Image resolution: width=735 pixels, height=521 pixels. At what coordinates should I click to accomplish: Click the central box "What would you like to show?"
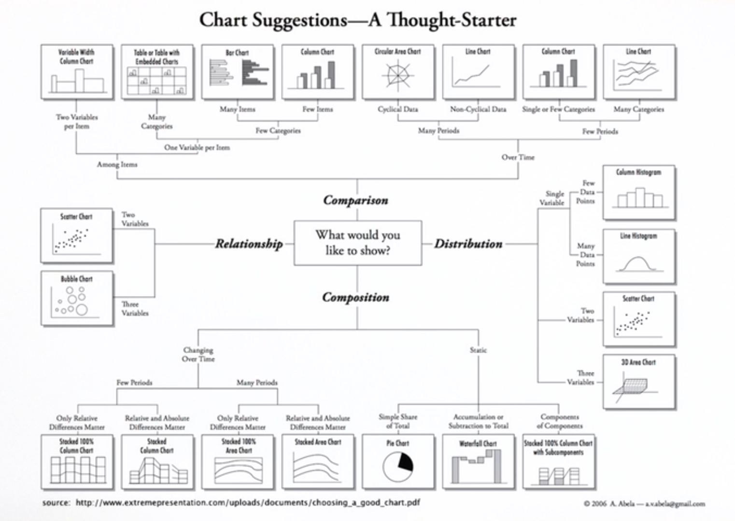click(x=357, y=243)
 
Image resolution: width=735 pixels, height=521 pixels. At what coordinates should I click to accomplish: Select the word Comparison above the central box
click(x=355, y=200)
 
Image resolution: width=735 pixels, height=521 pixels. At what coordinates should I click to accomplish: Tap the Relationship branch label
click(x=249, y=244)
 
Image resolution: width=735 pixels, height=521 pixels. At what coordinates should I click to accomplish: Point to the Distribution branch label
click(x=468, y=244)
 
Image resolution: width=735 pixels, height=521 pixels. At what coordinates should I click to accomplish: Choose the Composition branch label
click(x=355, y=297)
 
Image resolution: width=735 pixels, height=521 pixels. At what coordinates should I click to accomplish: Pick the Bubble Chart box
click(x=77, y=299)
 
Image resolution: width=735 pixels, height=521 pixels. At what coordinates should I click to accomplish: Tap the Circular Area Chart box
click(x=397, y=72)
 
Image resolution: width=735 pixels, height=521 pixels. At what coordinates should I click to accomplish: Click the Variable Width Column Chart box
click(x=77, y=72)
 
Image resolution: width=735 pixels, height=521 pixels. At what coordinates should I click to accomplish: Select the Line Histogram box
click(x=638, y=257)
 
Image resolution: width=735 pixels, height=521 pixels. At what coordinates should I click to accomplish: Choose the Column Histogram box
click(x=638, y=192)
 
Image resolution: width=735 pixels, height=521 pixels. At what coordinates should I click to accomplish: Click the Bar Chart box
click(x=237, y=72)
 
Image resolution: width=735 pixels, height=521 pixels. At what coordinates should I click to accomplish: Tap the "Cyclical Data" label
click(x=397, y=110)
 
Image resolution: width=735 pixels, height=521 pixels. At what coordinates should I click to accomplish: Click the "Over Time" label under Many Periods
click(x=518, y=157)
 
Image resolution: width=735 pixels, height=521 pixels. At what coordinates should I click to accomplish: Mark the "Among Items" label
click(x=117, y=165)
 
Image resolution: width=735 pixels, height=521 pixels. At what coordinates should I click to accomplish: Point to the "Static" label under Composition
click(x=478, y=350)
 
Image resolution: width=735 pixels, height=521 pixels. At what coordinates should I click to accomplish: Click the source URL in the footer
click(x=247, y=503)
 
